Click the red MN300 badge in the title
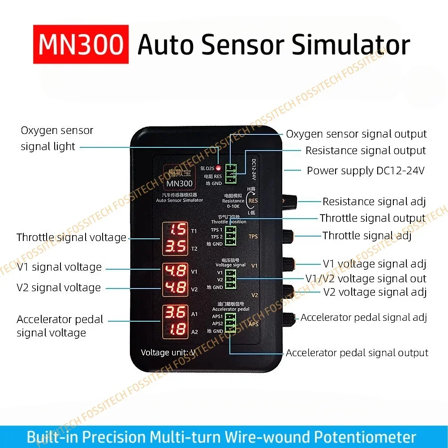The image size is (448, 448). click(81, 44)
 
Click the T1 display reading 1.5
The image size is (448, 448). click(175, 230)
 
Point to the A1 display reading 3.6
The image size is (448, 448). click(175, 312)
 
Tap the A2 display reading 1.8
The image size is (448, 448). click(175, 329)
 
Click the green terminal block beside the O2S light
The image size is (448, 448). click(231, 174)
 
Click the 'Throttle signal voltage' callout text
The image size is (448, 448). click(72, 237)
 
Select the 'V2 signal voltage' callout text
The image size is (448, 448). click(59, 288)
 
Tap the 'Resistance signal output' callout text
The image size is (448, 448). click(366, 151)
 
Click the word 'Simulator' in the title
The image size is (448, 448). click(349, 45)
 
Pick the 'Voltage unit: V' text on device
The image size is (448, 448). click(168, 353)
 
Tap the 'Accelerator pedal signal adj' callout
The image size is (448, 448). click(363, 318)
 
